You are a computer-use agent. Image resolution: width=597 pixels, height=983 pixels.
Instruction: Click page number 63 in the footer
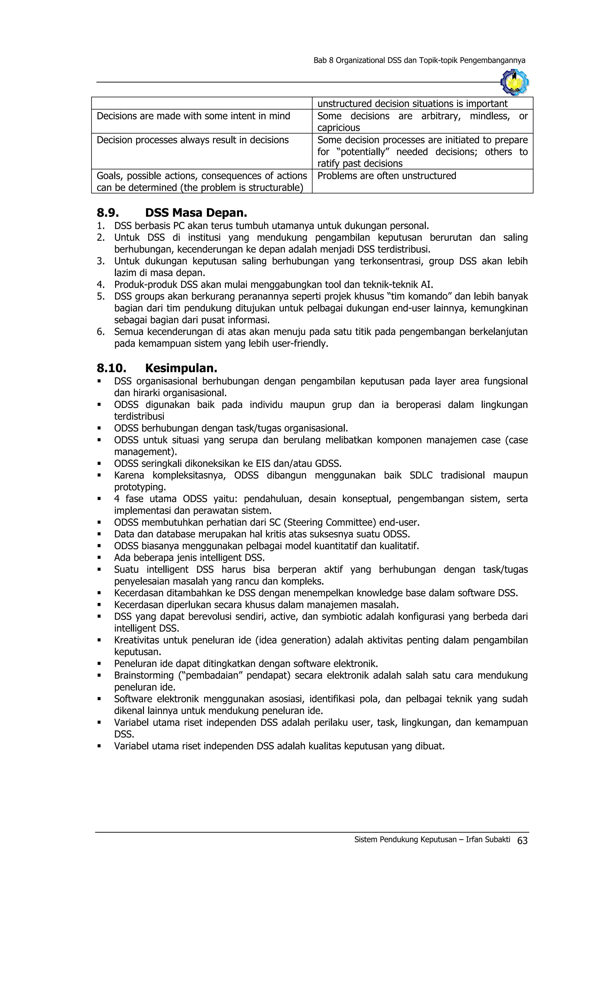click(522, 840)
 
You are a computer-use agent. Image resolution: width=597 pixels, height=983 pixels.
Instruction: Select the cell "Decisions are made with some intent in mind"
click(193, 116)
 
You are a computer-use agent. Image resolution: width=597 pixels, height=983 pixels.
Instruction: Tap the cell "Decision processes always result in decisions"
click(192, 140)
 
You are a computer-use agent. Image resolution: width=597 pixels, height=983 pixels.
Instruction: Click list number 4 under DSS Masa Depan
click(100, 284)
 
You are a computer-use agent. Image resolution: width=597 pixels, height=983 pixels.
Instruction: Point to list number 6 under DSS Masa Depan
click(100, 332)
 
